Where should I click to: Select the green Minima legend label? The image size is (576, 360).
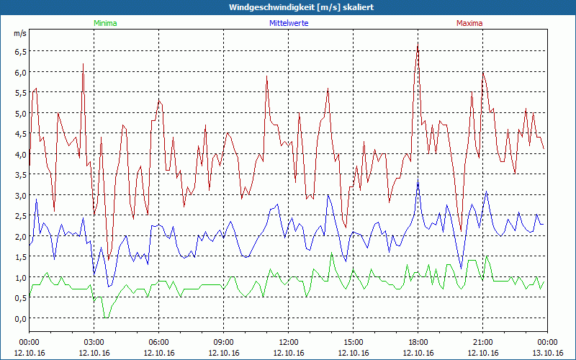click(x=104, y=23)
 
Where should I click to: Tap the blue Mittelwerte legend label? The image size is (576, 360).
click(x=289, y=23)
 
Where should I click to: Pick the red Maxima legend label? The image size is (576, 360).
click(x=469, y=23)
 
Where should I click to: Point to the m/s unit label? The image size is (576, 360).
click(x=19, y=34)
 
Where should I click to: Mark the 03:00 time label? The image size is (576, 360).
click(x=94, y=342)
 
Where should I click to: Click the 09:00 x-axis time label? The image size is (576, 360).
click(x=224, y=342)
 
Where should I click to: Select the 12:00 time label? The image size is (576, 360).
click(x=289, y=342)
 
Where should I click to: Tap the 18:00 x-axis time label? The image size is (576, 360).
click(x=418, y=342)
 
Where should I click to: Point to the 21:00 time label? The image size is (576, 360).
click(x=483, y=342)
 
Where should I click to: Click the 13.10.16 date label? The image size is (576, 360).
click(x=548, y=353)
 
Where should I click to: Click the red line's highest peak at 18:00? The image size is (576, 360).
click(x=418, y=43)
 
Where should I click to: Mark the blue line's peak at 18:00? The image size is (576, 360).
click(x=418, y=179)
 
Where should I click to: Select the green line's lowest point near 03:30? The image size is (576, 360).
click(x=106, y=317)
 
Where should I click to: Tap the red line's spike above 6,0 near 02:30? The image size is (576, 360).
click(x=84, y=64)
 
